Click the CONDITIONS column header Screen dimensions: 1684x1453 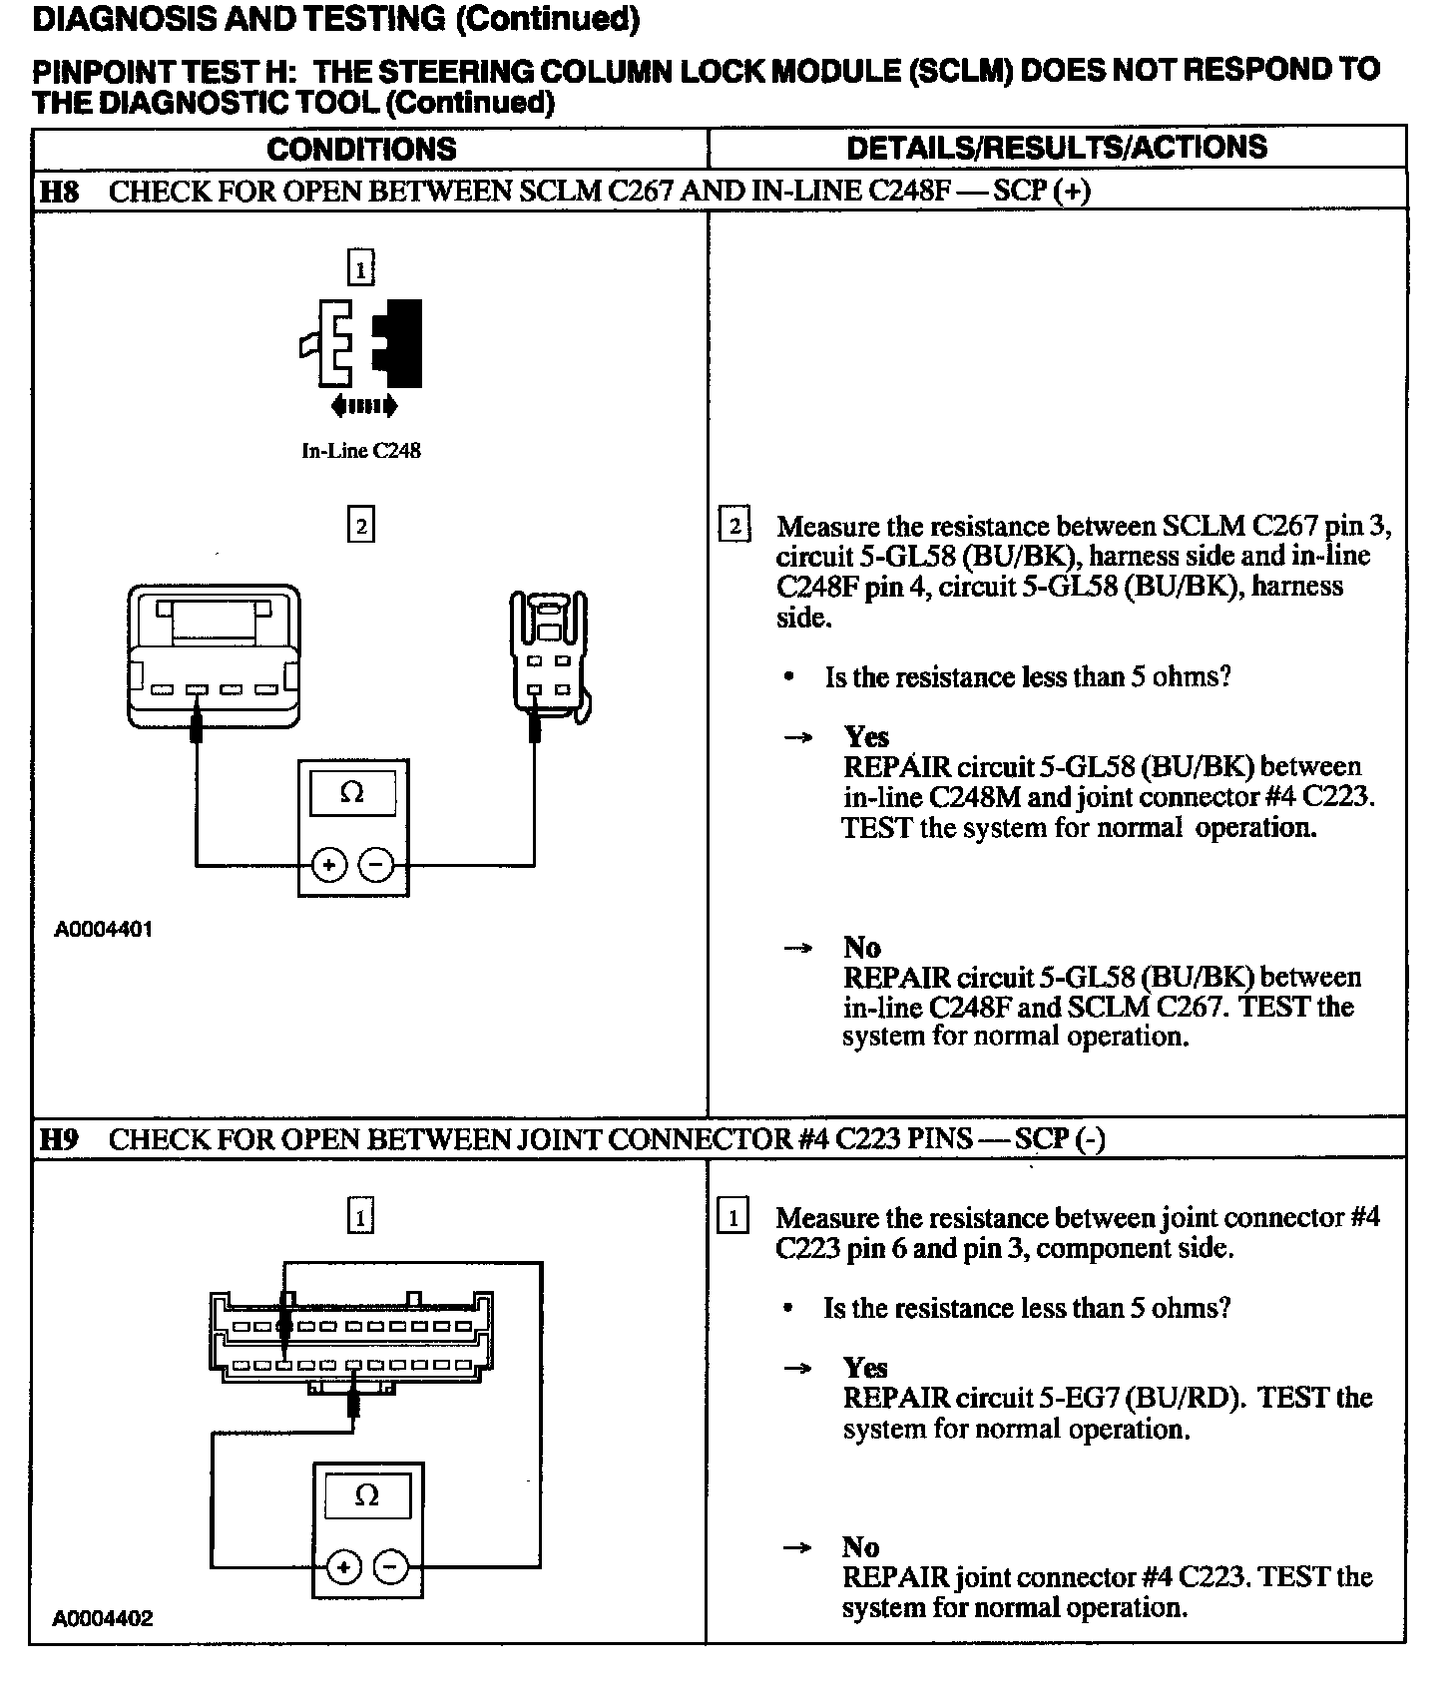(361, 150)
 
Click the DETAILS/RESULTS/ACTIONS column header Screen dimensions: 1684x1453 (1056, 148)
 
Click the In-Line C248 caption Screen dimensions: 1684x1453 (361, 451)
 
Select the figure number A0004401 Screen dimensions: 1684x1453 (104, 930)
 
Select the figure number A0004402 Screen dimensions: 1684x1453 (104, 1619)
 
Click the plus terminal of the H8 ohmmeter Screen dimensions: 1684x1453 (329, 865)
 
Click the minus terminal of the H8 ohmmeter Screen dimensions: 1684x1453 (375, 865)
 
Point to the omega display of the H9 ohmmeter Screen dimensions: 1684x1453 (367, 1496)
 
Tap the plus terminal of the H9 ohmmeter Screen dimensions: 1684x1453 (344, 1567)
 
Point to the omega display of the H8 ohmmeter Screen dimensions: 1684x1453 (352, 793)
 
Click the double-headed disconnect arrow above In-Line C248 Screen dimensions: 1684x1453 (363, 406)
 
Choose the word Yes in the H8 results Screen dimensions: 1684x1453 (865, 737)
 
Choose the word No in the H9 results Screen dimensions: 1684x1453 (860, 1547)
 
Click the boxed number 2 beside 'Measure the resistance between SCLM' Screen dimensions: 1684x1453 (734, 525)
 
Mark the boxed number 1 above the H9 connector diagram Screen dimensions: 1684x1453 (360, 1216)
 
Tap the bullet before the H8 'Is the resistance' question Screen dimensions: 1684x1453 (789, 677)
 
